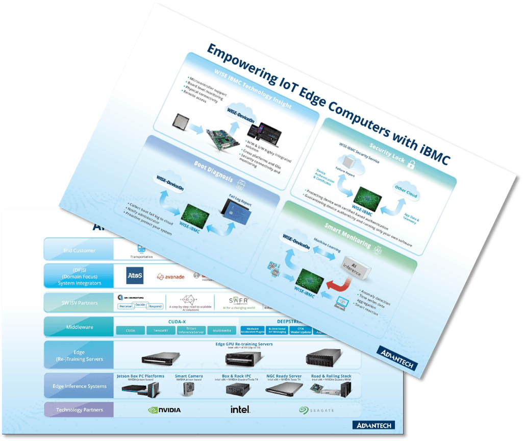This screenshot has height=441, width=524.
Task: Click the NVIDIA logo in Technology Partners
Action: [x=164, y=409]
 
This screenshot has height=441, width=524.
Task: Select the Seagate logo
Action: [x=316, y=410]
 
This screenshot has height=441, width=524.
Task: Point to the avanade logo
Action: [x=170, y=277]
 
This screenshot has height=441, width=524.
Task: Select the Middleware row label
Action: [x=79, y=327]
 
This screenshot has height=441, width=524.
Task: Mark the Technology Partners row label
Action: [x=79, y=410]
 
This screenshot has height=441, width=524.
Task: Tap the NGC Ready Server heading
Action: [x=284, y=376]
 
